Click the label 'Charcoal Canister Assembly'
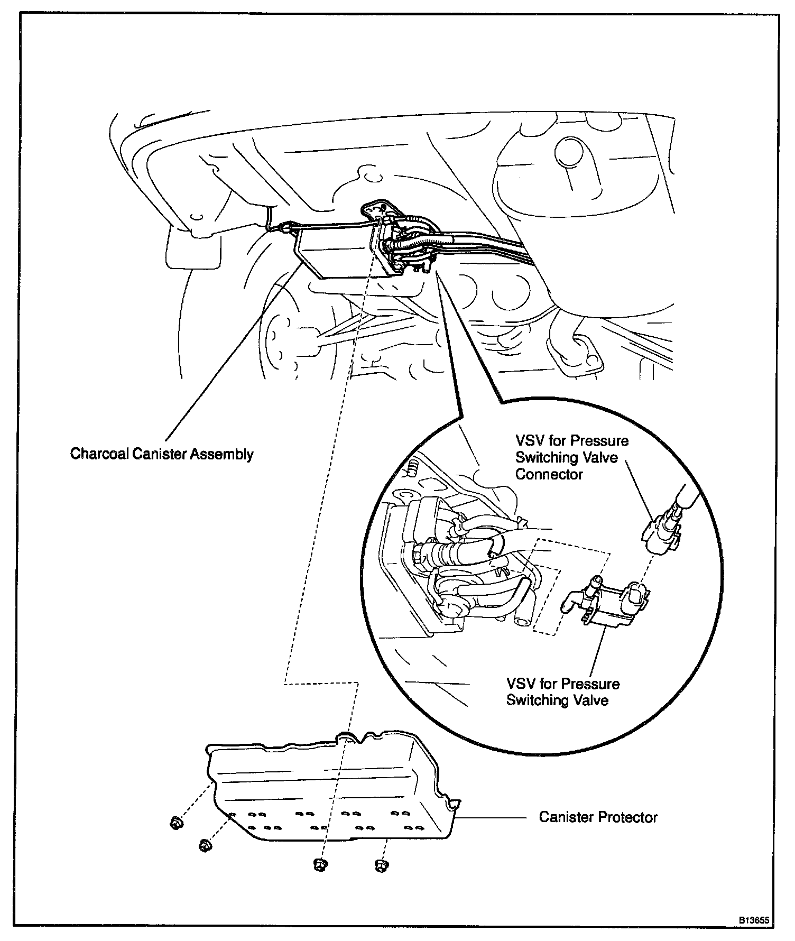162,454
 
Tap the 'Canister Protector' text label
598,817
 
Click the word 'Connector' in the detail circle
549,474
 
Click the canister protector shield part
328,793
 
